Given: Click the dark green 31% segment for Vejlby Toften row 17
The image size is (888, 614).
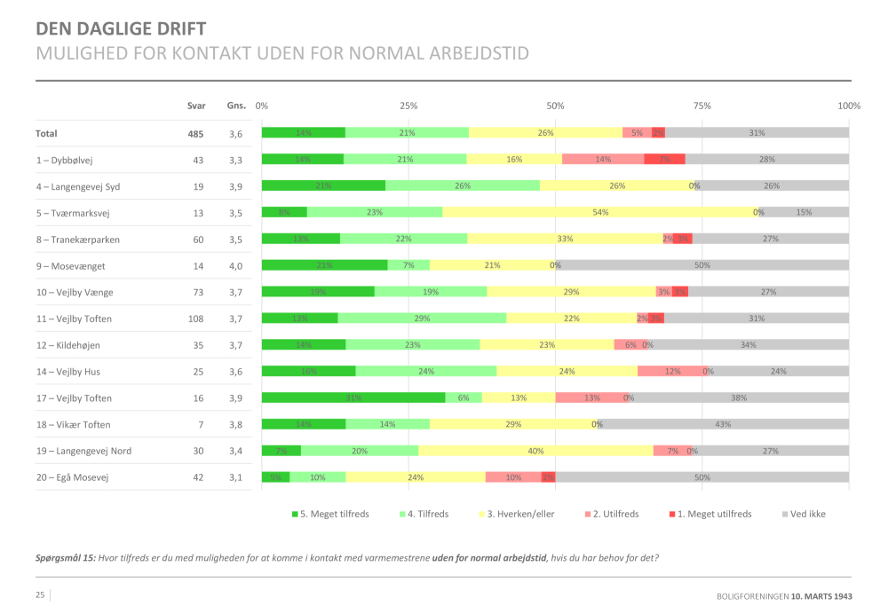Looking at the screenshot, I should pos(353,398).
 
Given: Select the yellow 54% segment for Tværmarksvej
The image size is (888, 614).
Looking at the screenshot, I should pos(599,212).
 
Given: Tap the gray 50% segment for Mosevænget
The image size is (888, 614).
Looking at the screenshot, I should pos(702,265).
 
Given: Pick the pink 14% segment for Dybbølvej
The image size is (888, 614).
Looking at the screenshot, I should pos(603,160).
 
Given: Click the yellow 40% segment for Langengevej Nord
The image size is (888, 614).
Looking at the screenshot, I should pos(535,451).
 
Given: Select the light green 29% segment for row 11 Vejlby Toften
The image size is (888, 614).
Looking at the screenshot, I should pos(422,319).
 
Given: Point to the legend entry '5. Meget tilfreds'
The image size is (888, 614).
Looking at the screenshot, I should pos(330,514).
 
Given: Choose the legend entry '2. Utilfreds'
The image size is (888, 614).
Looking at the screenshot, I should pos(614,514).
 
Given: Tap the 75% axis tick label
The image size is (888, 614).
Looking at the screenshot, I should pos(702,106).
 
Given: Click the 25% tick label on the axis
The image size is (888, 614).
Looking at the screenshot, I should pos(408,106).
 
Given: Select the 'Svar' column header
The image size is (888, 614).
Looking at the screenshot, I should pos(196,106).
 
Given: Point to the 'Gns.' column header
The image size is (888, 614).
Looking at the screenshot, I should pos(236,106).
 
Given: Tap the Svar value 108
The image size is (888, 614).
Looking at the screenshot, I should pos(195,319).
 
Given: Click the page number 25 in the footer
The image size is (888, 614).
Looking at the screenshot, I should pos(40,594).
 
